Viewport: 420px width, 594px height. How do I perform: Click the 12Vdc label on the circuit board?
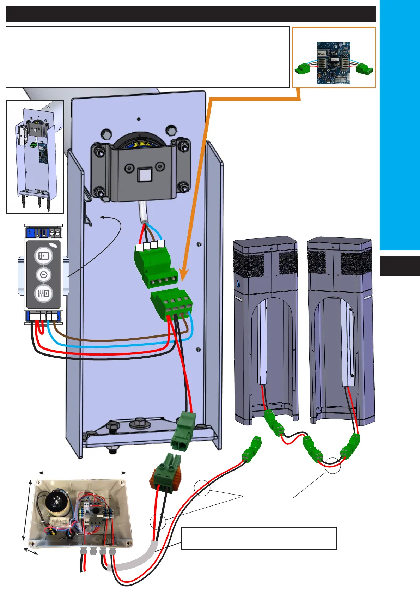pos(321,54)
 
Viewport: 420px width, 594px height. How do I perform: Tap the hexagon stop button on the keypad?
pos(44,274)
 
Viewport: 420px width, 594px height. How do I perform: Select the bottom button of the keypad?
pos(44,293)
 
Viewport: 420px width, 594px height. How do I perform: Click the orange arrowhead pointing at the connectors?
pos(184,274)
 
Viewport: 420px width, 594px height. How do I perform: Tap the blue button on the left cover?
pos(238,283)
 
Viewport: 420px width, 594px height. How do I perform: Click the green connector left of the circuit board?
pos(303,68)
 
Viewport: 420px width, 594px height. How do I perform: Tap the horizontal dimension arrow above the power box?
pos(82,473)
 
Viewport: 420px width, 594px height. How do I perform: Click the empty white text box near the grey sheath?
pos(259,538)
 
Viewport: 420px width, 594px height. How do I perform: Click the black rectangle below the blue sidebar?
pos(400,266)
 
